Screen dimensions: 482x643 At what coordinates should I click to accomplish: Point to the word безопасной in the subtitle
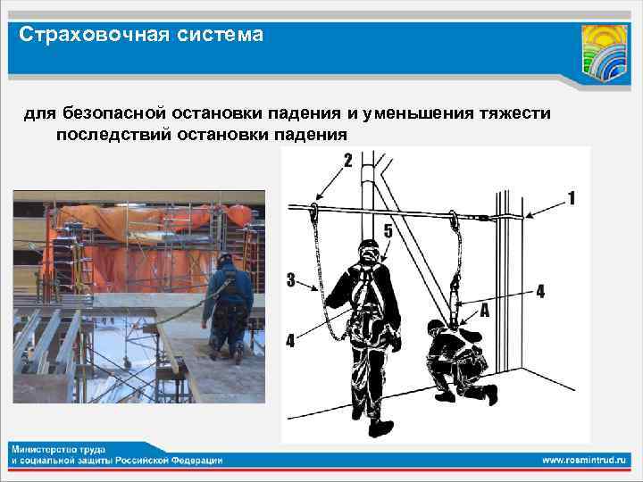tap(109, 113)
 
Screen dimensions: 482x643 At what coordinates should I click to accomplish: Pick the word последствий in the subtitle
tap(107, 135)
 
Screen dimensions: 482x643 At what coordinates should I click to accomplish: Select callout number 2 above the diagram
tap(347, 162)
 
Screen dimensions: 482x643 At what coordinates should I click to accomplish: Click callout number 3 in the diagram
tap(291, 280)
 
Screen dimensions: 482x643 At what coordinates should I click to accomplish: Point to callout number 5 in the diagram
tap(387, 230)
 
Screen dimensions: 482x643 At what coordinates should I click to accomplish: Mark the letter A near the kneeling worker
tap(483, 310)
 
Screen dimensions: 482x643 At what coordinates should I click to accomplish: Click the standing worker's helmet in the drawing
tap(368, 246)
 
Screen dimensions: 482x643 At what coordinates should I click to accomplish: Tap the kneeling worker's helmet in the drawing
tap(435, 326)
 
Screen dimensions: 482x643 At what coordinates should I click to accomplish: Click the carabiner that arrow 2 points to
tap(315, 211)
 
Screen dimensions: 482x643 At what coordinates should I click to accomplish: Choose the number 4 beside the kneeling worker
tap(539, 290)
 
